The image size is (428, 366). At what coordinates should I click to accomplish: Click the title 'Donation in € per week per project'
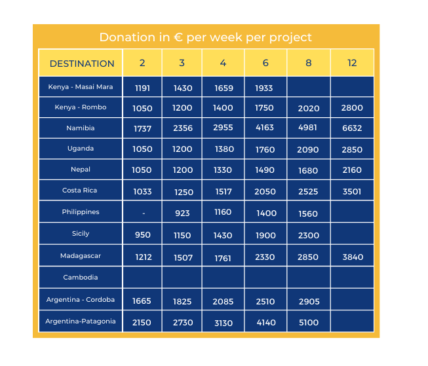tap(206, 37)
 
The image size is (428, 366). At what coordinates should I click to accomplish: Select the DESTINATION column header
tap(82, 64)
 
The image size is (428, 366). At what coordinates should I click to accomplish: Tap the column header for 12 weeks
tap(352, 63)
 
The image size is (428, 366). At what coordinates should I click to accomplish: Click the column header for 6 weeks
tap(265, 63)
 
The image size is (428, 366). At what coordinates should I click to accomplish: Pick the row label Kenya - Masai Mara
tap(81, 86)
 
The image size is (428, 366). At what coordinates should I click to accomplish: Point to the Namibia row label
tap(81, 128)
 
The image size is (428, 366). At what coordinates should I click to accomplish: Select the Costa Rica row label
tap(81, 191)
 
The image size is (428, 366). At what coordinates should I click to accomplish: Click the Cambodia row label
tap(81, 278)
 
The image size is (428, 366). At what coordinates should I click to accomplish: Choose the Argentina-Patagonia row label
tap(81, 321)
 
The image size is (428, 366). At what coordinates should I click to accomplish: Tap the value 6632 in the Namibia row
tap(352, 128)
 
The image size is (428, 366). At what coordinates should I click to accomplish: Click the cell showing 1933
tap(265, 88)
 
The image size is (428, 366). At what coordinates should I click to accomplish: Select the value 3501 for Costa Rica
tap(352, 192)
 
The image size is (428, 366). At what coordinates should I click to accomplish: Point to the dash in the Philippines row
tap(143, 213)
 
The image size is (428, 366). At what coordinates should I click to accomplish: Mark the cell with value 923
tap(182, 213)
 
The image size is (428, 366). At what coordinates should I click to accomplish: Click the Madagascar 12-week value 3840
tap(352, 257)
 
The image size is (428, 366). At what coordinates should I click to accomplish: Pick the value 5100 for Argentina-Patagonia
tap(308, 322)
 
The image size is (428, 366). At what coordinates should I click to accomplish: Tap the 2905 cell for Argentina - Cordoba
tap(308, 301)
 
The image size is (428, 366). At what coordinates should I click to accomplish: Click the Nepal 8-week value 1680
tap(308, 170)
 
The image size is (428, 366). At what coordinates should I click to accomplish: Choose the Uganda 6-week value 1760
tap(265, 150)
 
